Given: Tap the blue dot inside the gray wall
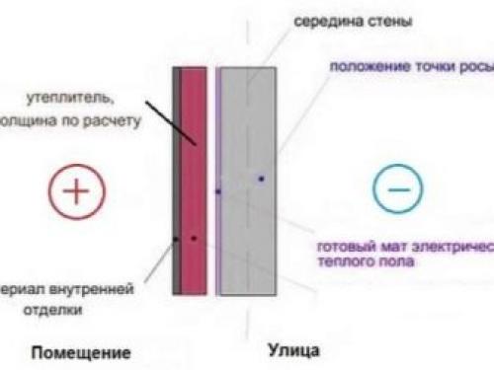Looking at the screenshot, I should pyautogui.click(x=262, y=179).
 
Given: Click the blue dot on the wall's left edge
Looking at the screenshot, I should pyautogui.click(x=218, y=190).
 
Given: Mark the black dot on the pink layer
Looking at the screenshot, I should pyautogui.click(x=194, y=238).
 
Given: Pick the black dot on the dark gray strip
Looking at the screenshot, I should pyautogui.click(x=176, y=239).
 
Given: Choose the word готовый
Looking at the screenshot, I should pyautogui.click(x=348, y=247).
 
